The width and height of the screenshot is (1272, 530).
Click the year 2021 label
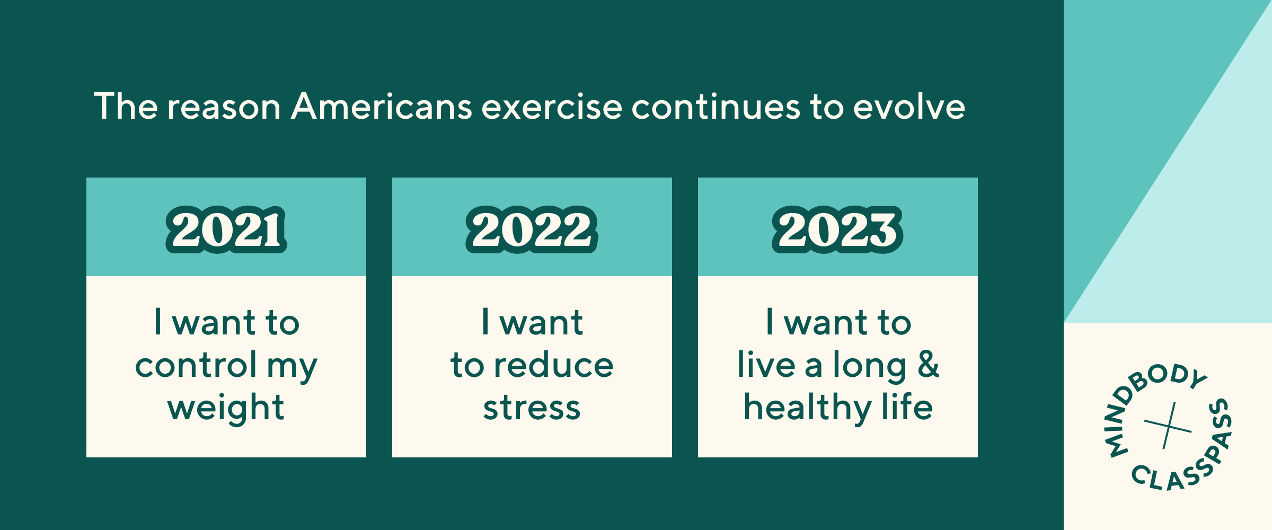(x=226, y=229)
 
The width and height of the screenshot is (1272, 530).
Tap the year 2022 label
(x=532, y=229)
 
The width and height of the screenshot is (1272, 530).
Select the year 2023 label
(x=837, y=229)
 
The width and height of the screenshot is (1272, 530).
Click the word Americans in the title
(x=382, y=107)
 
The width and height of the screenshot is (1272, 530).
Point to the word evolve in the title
(x=909, y=107)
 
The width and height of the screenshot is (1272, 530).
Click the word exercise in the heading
(x=552, y=107)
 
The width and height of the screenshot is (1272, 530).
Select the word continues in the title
(x=716, y=107)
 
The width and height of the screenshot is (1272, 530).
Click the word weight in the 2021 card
(x=226, y=408)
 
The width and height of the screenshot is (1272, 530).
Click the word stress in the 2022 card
(x=532, y=409)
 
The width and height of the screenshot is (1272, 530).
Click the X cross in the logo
(x=1168, y=426)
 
